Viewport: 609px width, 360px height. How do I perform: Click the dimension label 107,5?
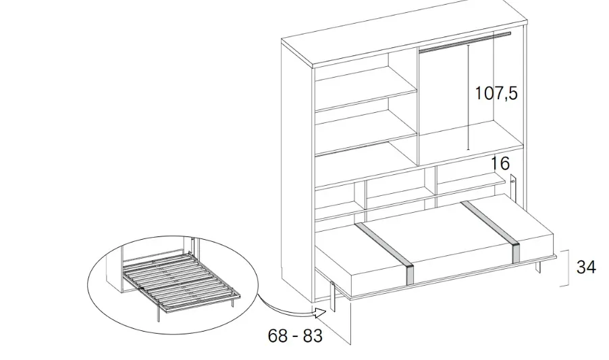496,94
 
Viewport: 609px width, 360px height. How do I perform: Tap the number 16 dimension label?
500,163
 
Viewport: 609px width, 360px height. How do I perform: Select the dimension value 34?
586,267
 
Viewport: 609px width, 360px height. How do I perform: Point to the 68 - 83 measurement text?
295,336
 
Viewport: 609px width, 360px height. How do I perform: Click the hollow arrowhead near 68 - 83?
320,313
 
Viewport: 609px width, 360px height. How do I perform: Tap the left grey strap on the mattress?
385,252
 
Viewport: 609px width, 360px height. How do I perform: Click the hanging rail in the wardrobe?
465,43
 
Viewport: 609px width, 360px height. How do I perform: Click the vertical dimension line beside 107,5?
469,97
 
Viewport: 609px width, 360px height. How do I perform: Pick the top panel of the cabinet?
404,32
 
